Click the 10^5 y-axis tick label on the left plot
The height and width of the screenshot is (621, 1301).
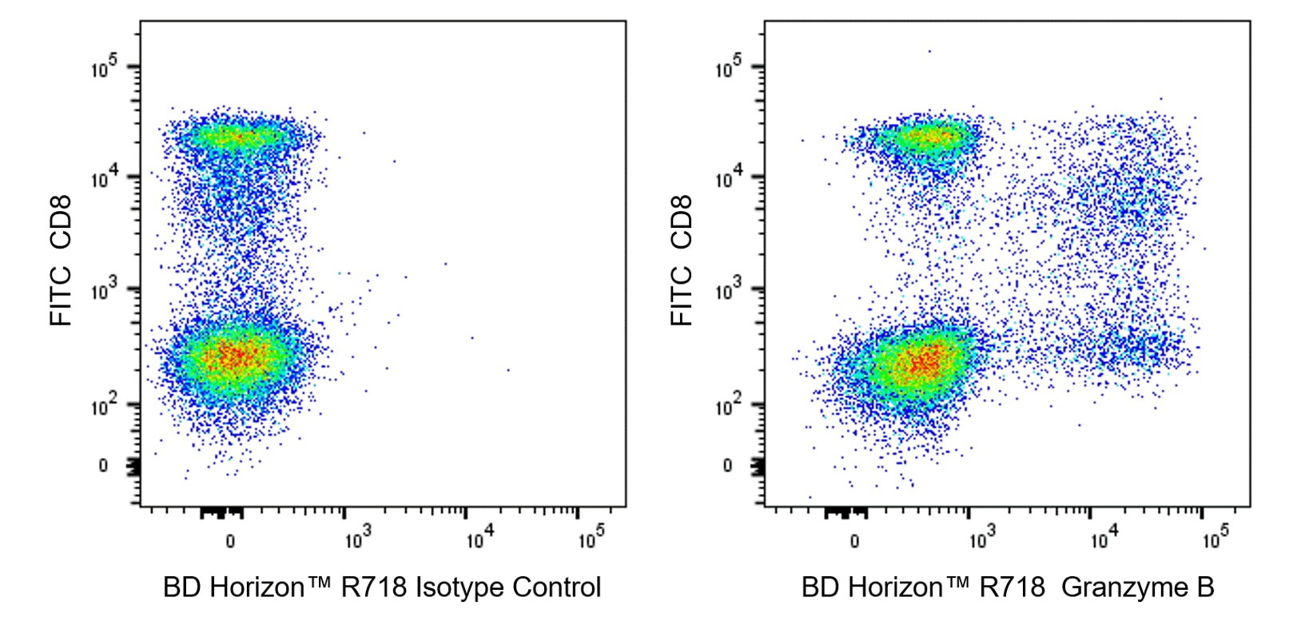(x=105, y=68)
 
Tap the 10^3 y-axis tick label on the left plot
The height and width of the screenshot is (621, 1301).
(x=105, y=291)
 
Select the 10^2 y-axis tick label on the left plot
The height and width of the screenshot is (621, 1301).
(x=105, y=405)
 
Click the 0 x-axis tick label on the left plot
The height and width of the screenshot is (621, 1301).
(x=230, y=542)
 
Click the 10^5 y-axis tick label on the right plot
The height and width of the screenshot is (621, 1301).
(x=729, y=68)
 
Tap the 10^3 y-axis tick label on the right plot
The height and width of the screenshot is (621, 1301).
(x=729, y=291)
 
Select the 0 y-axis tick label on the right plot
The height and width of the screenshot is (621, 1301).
(x=727, y=465)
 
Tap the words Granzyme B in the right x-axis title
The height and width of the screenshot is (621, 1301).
(x=1138, y=587)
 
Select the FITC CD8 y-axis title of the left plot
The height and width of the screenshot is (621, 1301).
(x=62, y=261)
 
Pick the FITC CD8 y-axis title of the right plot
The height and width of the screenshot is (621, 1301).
(x=682, y=261)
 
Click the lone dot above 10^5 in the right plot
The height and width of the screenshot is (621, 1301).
(x=929, y=51)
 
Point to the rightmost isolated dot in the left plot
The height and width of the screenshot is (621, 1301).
(x=508, y=370)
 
